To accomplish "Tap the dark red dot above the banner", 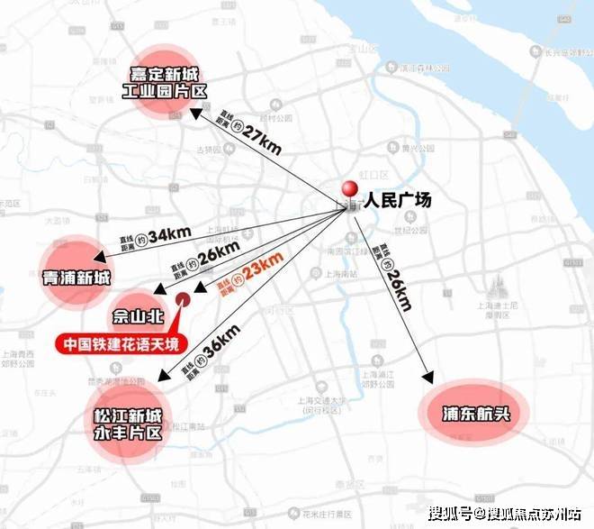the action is tap(183, 299).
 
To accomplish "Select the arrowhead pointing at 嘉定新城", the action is tap(193, 113).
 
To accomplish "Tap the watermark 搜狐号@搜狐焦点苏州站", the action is tap(505, 515).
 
